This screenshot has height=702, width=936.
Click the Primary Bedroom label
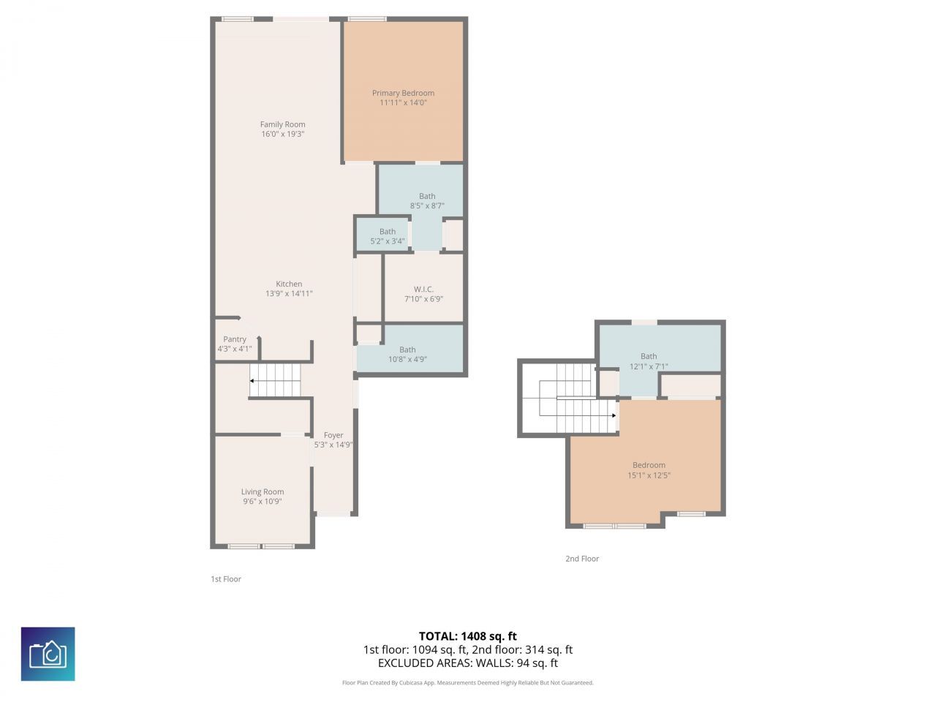(x=403, y=93)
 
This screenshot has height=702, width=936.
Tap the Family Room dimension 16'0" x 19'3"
(x=282, y=135)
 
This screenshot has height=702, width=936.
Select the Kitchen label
(x=289, y=284)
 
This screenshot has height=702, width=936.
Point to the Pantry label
(x=235, y=339)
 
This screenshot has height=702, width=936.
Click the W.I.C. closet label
(x=423, y=290)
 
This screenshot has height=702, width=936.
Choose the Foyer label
(x=333, y=435)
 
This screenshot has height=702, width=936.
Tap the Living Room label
(x=263, y=492)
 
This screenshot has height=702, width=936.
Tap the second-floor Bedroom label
(x=649, y=465)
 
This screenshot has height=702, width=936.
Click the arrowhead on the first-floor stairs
(x=252, y=381)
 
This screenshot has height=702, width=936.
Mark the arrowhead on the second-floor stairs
(x=614, y=415)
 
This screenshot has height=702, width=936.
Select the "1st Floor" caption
(x=226, y=579)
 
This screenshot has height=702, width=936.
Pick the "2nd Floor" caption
(x=582, y=559)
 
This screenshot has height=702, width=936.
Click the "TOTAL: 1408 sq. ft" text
(x=467, y=636)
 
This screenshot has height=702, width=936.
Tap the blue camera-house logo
(x=48, y=654)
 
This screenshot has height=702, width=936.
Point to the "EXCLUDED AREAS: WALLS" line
(x=467, y=663)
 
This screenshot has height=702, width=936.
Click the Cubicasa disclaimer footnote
(x=467, y=683)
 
